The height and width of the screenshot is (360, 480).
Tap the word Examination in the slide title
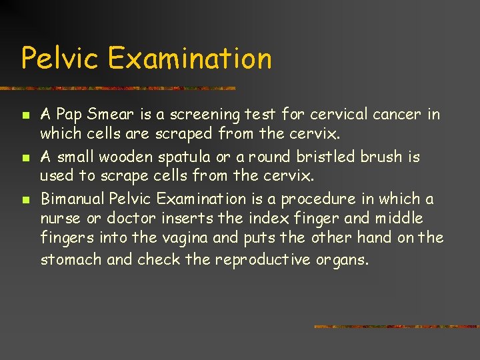click(189, 58)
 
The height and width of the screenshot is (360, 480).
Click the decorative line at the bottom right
click(396, 327)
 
